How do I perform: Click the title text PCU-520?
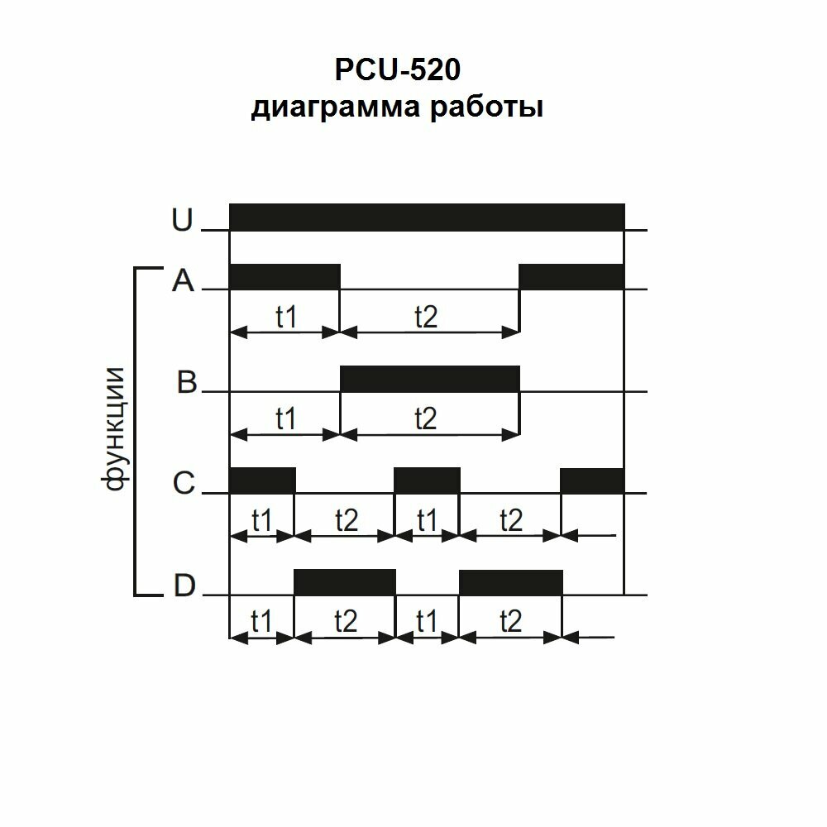[x=397, y=69]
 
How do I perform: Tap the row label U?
[x=181, y=220]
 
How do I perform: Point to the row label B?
[x=188, y=384]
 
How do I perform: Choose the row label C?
[x=184, y=484]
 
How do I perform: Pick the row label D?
[x=184, y=586]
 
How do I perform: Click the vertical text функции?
[x=114, y=429]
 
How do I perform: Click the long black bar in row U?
[x=426, y=218]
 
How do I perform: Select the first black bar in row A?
[x=284, y=276]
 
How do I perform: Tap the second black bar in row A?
[x=571, y=276]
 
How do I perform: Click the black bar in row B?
[x=430, y=379]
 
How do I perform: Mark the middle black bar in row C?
[x=427, y=480]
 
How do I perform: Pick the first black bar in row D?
[x=345, y=582]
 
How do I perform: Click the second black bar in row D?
[x=510, y=582]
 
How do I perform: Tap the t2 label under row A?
[x=425, y=317]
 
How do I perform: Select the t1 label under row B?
[x=285, y=419]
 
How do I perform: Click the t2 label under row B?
[x=425, y=419]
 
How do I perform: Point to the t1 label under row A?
[x=285, y=317]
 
